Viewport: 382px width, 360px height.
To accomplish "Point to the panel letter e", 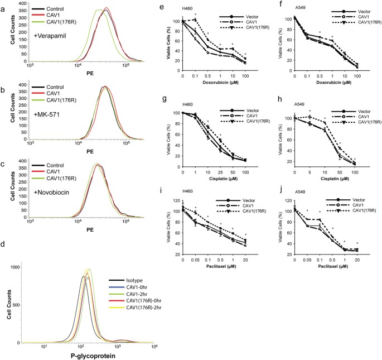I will click(176, 4).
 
